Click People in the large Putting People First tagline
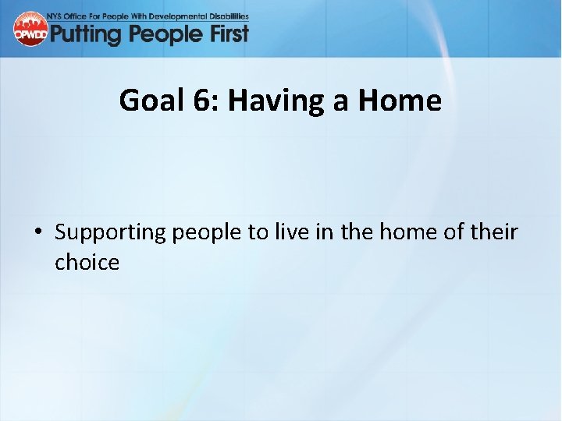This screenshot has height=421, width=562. pyautogui.click(x=162, y=34)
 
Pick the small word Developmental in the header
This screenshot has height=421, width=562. pyautogui.click(x=183, y=16)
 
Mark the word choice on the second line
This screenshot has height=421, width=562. pyautogui.click(x=87, y=262)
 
